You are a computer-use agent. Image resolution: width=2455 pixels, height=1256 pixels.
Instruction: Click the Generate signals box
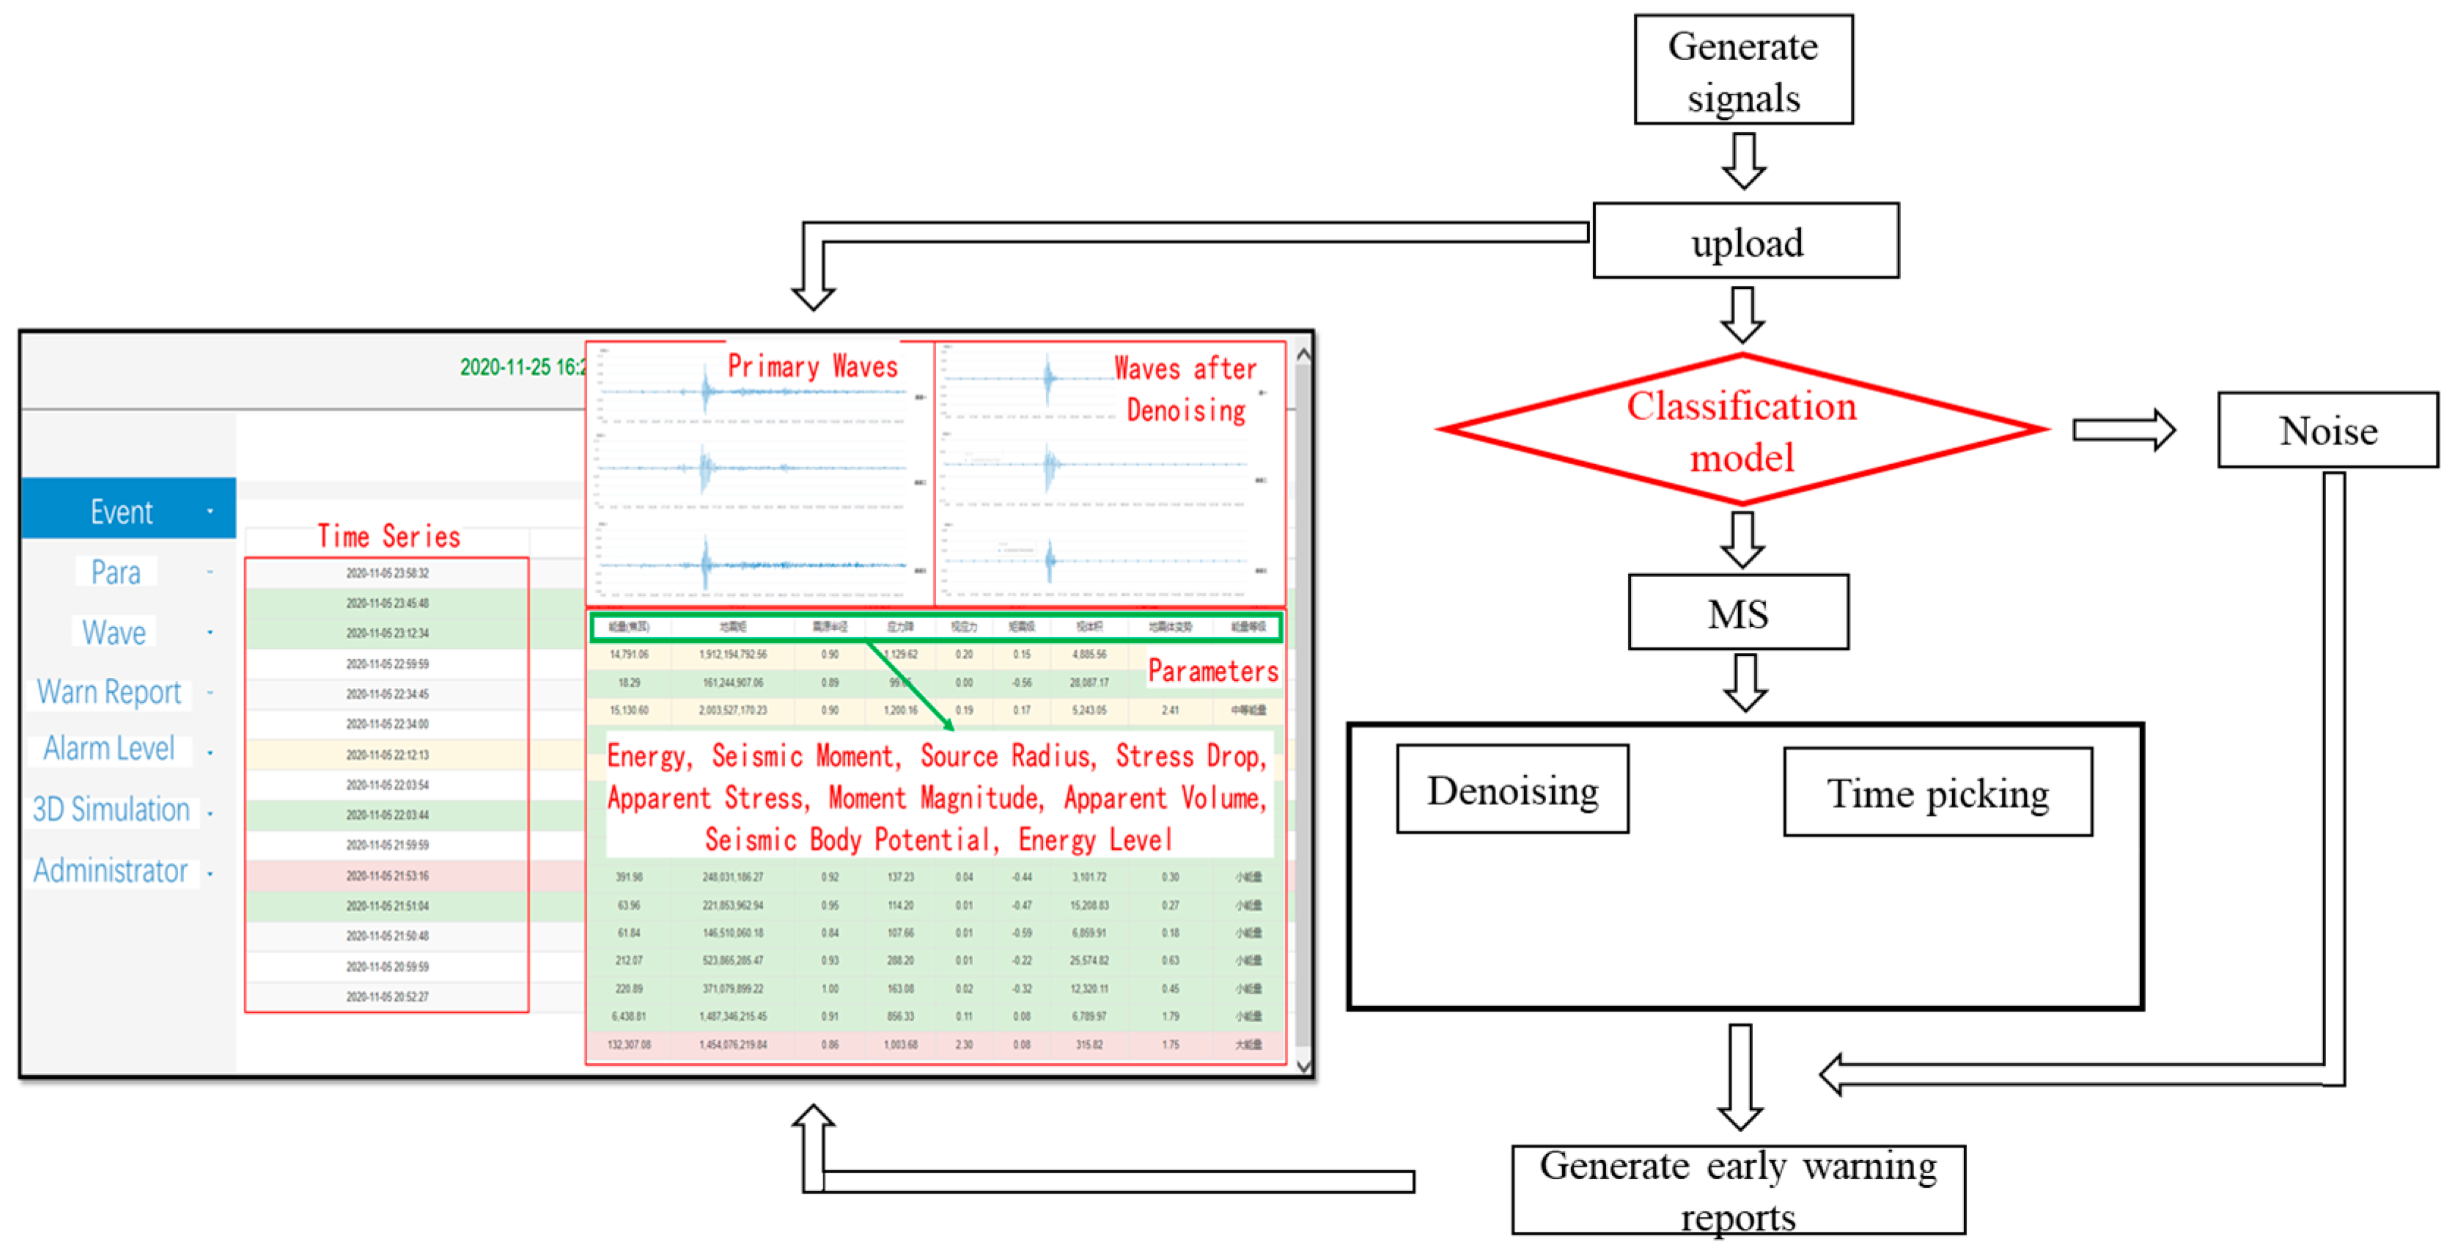[1742, 70]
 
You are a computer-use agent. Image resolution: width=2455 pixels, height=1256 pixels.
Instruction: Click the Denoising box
[1512, 790]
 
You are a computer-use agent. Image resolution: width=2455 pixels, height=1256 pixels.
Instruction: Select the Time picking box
[1937, 793]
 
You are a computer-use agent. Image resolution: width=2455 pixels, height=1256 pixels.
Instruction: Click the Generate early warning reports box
[1737, 1189]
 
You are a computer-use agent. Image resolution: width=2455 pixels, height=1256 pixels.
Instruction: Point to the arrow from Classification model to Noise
[2124, 430]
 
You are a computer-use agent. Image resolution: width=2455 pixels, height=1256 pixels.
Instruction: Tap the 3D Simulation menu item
[111, 809]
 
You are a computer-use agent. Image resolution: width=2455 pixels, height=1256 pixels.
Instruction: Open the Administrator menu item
[111, 870]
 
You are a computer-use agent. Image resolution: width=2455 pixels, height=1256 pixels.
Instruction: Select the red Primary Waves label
[812, 366]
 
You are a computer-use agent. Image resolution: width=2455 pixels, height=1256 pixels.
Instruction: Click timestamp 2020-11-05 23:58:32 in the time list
[387, 573]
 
